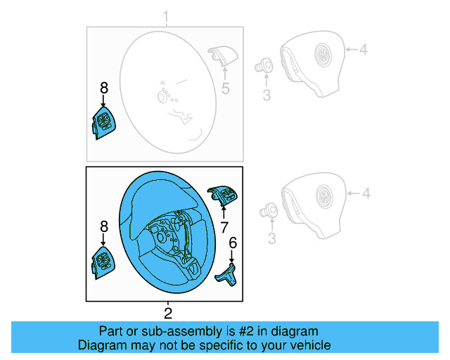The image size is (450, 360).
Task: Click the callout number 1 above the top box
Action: coord(166,16)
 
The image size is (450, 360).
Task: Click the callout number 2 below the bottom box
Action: coord(168,313)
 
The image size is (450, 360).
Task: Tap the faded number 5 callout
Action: coord(226,88)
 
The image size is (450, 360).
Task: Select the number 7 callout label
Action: coord(224,228)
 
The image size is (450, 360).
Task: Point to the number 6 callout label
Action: coord(233,243)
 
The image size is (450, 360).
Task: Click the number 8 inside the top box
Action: coord(104,88)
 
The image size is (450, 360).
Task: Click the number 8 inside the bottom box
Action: coord(104,226)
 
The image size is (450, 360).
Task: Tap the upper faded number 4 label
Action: coord(364,50)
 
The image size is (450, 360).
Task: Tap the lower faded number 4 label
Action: coord(366,193)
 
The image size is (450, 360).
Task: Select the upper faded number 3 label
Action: coord(266,96)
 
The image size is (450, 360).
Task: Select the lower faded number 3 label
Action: coord(272,238)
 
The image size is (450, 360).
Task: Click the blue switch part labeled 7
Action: coord(223,195)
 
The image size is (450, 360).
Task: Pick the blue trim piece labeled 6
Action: coord(226,275)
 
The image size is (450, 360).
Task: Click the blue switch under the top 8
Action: coord(104,123)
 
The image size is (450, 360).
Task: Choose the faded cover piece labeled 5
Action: coord(223,56)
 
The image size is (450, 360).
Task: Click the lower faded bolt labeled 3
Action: coord(269,210)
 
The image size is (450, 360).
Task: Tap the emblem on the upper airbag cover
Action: coord(323,54)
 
